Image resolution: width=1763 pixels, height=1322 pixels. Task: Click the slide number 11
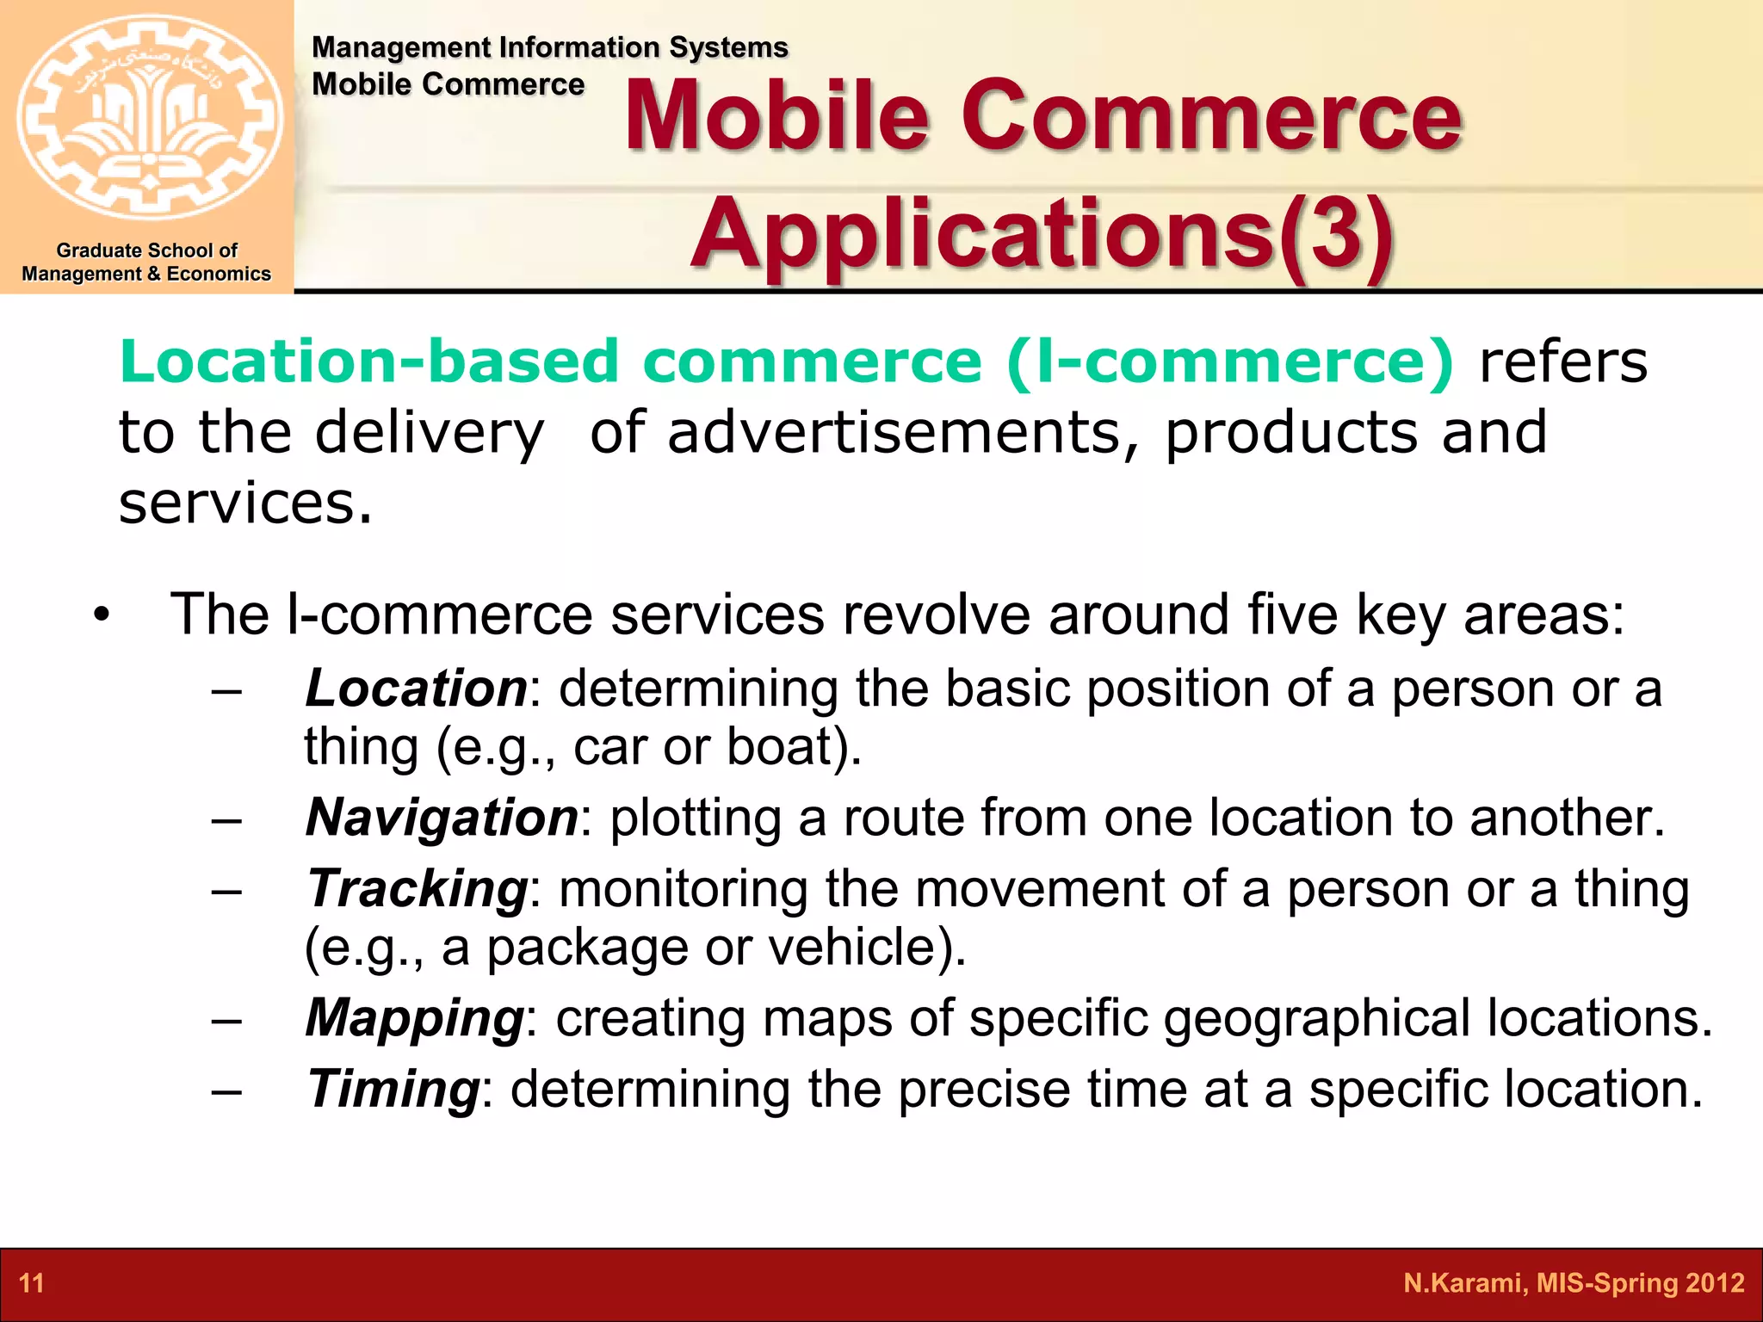31,1283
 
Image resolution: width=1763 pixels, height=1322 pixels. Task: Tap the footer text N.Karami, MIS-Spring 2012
1574,1283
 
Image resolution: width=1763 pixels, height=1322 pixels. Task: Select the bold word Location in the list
416,689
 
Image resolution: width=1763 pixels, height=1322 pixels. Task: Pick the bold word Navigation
442,817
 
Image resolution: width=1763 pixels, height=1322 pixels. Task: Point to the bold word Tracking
417,888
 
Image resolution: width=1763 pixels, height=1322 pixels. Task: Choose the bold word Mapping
414,1018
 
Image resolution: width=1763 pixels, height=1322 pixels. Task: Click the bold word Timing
393,1089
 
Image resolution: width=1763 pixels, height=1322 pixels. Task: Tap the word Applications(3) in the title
1042,232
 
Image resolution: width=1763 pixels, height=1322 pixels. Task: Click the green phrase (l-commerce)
1229,361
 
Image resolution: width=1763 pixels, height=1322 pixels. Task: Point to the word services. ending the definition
245,503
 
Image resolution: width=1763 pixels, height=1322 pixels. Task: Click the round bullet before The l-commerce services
102,616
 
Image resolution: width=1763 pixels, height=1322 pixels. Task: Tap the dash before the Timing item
226,1090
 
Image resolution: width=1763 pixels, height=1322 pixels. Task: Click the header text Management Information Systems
549,47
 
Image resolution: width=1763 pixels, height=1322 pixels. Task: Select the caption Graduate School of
146,250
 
